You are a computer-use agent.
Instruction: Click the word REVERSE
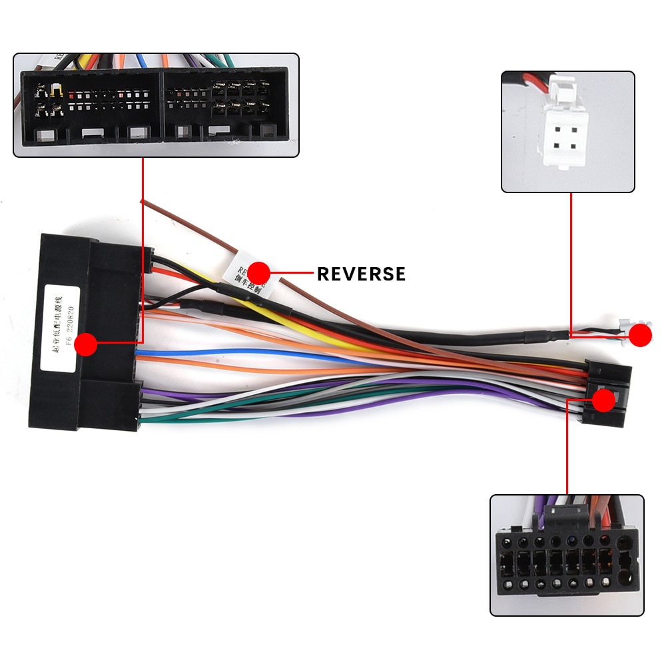point(361,274)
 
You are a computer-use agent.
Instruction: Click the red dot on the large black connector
point(86,344)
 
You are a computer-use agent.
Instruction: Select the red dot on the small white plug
point(641,335)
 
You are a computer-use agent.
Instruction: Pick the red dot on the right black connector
point(604,400)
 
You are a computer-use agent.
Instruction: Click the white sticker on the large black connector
point(61,326)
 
